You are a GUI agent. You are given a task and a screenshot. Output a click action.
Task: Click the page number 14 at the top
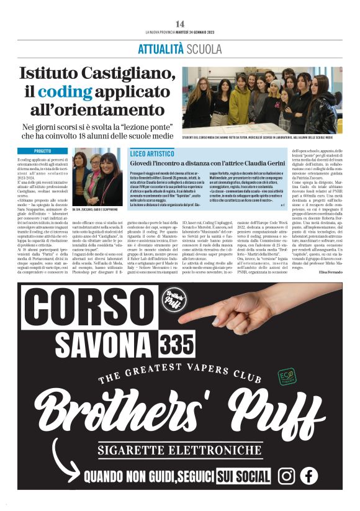[x=180, y=24]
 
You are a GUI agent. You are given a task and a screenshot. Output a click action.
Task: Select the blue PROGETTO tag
[x=42, y=151]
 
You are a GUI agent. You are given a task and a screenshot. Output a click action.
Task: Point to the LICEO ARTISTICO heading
[x=151, y=153]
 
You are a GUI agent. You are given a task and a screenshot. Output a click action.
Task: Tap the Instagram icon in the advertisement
[x=286, y=476]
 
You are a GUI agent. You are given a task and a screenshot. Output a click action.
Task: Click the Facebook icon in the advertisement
[x=308, y=476]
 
